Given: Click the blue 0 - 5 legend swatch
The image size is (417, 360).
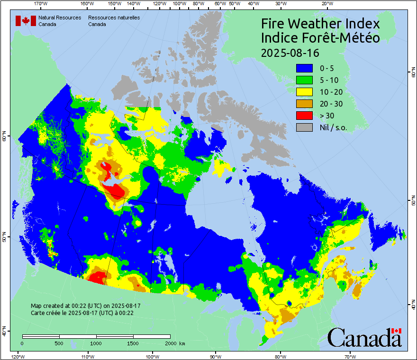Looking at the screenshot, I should pyautogui.click(x=304, y=69).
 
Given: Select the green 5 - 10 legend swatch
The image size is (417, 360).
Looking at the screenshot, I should pyautogui.click(x=304, y=81).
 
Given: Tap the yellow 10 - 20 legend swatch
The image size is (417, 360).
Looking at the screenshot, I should pyautogui.click(x=304, y=92).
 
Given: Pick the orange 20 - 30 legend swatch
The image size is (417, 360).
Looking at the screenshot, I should pyautogui.click(x=304, y=104).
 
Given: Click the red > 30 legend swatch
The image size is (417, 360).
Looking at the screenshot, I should pyautogui.click(x=304, y=115).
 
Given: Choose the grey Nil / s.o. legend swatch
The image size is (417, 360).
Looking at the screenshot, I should pyautogui.click(x=304, y=127).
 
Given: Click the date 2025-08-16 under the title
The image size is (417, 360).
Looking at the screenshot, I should pyautogui.click(x=290, y=52).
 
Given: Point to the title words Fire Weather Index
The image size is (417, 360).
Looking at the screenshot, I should pyautogui.click(x=320, y=24).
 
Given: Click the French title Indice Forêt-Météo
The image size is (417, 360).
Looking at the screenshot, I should pyautogui.click(x=320, y=38).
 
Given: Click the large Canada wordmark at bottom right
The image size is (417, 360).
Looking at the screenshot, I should pyautogui.click(x=364, y=337).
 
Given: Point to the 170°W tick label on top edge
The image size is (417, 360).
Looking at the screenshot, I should pyautogui.click(x=41, y=4).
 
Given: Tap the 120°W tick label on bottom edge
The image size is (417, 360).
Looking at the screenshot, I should pyautogui.click(x=18, y=356).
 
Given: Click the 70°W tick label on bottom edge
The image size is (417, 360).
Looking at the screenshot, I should pyautogui.click(x=350, y=356).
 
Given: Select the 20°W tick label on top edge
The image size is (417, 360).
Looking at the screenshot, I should pyautogui.click(x=326, y=4).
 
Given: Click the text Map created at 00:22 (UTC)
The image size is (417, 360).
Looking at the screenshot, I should pyautogui.click(x=86, y=306).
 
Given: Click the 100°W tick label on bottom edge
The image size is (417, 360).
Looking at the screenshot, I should pyautogui.click(x=152, y=356).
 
